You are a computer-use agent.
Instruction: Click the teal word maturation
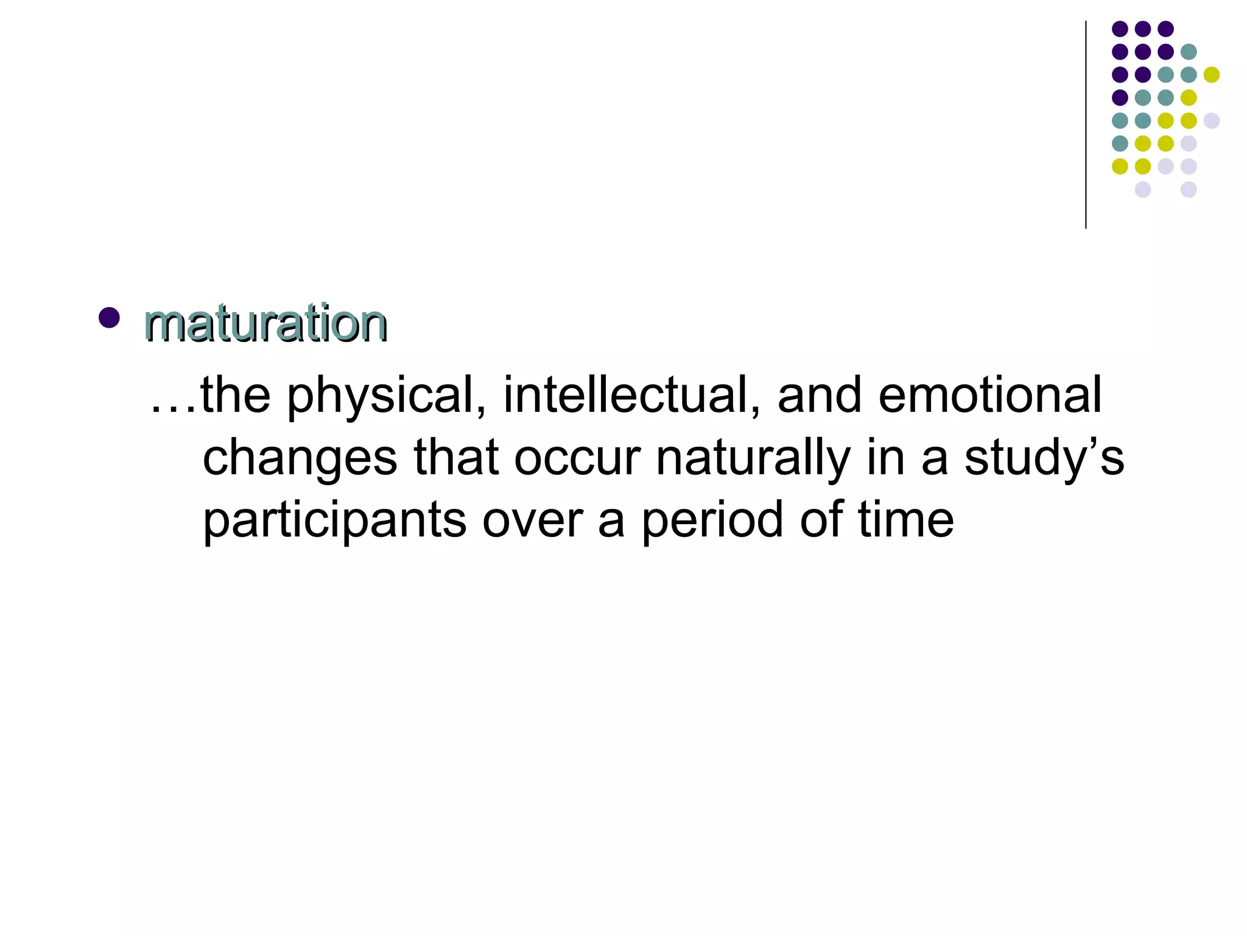coord(265,323)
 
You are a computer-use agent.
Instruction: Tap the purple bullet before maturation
coord(109,317)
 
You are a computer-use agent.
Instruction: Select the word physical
coord(386,396)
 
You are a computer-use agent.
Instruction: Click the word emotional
coord(989,395)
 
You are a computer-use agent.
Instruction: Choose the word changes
coord(300,459)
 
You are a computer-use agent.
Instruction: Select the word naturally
coord(753,459)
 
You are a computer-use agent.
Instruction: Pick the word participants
coord(334,522)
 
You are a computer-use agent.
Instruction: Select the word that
coord(457,458)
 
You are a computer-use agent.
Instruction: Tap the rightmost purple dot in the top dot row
coord(1165,29)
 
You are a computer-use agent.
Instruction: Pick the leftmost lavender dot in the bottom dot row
coord(1143,190)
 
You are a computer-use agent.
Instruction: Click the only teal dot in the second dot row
coord(1189,52)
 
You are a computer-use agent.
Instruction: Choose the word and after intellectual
coord(820,395)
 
